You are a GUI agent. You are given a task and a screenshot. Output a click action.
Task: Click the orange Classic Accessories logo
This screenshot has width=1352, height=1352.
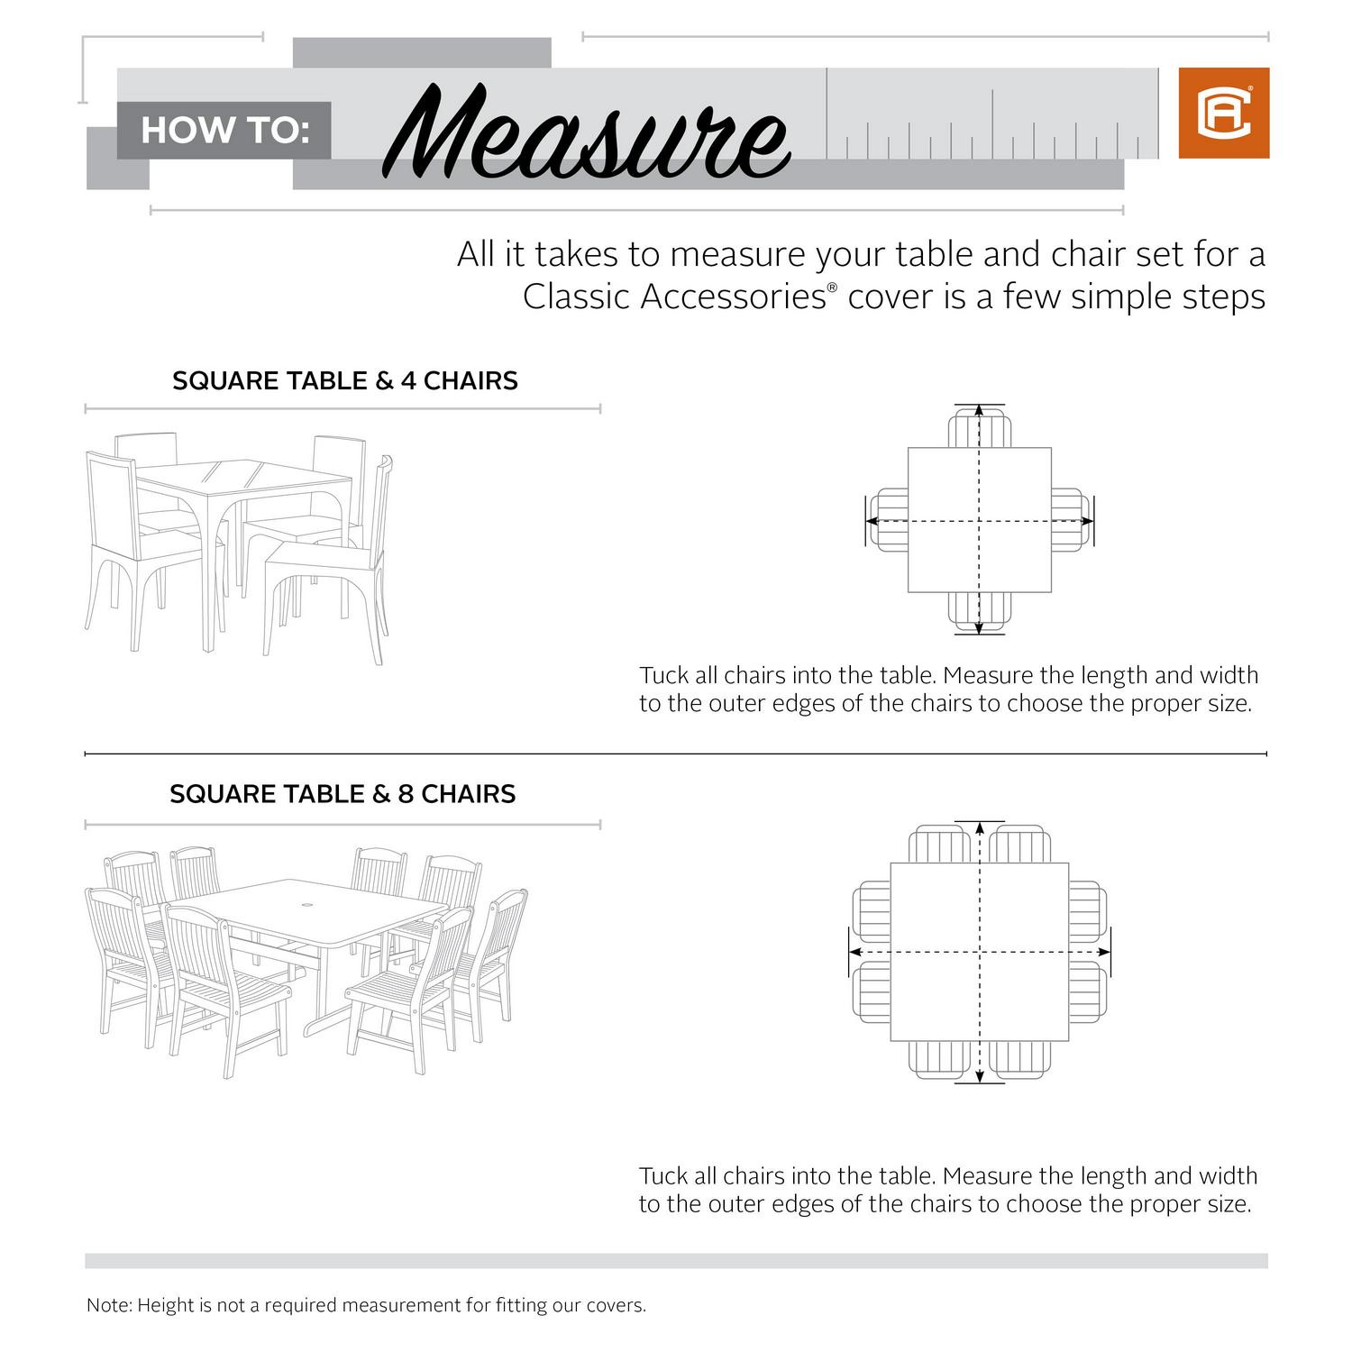1223,113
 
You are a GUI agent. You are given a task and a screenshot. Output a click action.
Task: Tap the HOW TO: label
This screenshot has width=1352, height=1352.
224,131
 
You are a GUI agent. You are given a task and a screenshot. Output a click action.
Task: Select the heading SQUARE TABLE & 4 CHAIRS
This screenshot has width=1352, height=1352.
344,380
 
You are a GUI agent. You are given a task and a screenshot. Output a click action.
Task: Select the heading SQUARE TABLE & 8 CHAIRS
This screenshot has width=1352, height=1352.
343,794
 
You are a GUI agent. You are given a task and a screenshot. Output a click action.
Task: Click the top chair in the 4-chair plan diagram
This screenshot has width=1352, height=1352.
980,430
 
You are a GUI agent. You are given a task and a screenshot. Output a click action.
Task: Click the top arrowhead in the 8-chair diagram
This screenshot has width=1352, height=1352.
980,827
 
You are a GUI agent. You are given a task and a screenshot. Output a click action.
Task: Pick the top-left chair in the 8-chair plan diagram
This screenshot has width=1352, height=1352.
939,845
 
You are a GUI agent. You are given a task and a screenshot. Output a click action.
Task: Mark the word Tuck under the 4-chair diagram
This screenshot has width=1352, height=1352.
664,675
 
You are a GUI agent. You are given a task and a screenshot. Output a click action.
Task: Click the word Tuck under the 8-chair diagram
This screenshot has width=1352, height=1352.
664,1175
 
